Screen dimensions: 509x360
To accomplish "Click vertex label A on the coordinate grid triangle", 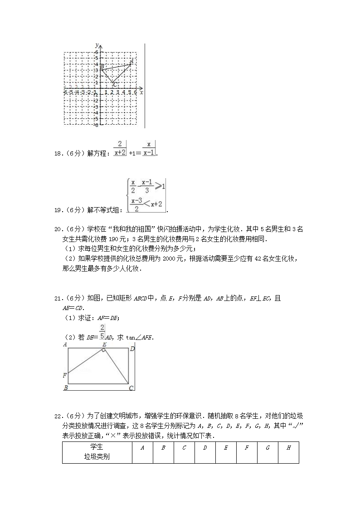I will pos(131,60).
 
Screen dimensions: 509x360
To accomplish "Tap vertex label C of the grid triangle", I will pos(115,85).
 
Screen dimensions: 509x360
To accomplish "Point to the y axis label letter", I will pos(97,45).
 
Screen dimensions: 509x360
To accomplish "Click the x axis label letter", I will pos(141,92).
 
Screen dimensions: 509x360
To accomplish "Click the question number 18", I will pos(57,154).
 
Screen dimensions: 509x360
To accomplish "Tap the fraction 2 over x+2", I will pos(120,149).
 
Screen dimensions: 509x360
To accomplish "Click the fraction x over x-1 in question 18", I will pos(149,149).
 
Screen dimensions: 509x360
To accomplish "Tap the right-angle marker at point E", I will pos(104,350).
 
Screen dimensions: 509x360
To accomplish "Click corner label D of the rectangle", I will pos(132,349).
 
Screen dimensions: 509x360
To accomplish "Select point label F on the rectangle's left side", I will pos(65,375).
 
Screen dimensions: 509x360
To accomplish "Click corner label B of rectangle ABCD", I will pos(66,388).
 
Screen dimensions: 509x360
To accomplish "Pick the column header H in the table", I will pos(288,448).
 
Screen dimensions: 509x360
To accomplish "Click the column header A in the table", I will pos(142,448).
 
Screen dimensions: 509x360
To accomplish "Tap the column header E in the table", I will pos(226,448).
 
